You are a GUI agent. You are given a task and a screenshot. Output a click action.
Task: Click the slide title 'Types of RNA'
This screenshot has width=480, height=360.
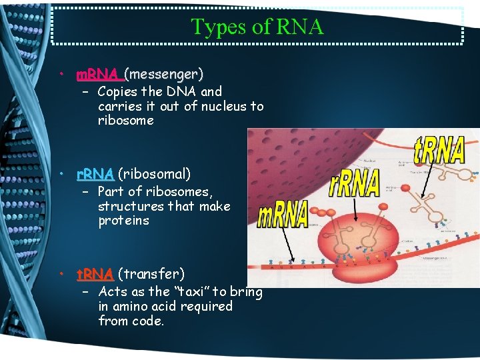[x=257, y=26]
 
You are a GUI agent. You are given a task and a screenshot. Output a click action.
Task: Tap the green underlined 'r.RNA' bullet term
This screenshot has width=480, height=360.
[x=95, y=174]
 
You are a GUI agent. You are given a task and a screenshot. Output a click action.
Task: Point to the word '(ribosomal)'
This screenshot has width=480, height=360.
[x=154, y=174]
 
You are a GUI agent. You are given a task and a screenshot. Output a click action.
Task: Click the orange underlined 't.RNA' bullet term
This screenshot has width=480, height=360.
[x=95, y=273]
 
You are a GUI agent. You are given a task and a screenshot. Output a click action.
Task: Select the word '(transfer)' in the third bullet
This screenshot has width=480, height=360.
[x=151, y=273]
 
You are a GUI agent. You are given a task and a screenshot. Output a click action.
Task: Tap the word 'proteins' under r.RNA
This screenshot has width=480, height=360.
[x=123, y=221]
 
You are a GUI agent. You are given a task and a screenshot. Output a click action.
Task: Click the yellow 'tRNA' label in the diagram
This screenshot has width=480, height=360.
[x=439, y=151]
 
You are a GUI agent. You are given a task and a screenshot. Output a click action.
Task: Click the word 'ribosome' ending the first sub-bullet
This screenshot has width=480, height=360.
[x=125, y=121]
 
